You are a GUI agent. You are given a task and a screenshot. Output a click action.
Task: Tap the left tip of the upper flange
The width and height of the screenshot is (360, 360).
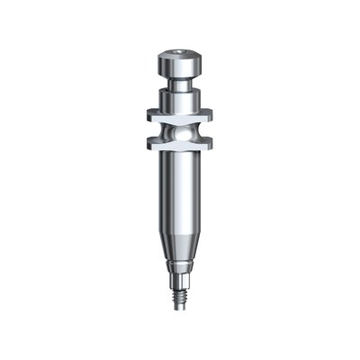144,115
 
